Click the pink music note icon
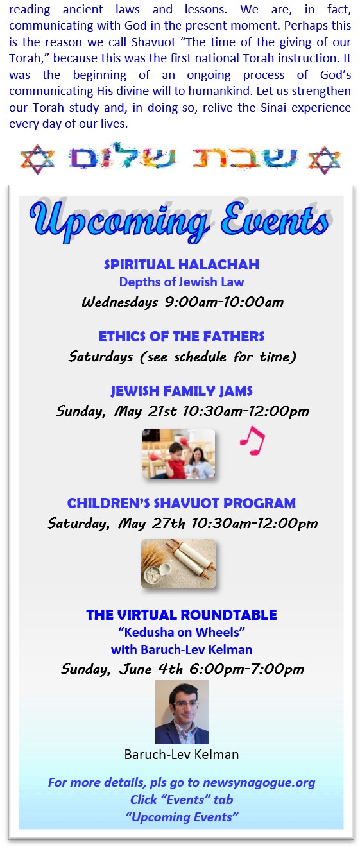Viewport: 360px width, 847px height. click(x=252, y=441)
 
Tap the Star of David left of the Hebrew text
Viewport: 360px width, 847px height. click(x=37, y=159)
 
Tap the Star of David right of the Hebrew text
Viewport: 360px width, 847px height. click(x=325, y=160)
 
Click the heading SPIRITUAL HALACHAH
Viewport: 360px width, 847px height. click(x=182, y=264)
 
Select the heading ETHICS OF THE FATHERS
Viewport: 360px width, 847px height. click(x=182, y=336)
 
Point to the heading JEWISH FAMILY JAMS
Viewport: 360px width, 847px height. click(x=182, y=391)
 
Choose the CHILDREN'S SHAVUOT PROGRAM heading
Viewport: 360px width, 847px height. click(x=182, y=503)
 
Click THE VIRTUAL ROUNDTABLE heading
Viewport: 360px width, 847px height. click(x=182, y=615)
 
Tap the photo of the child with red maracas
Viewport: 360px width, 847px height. click(x=178, y=454)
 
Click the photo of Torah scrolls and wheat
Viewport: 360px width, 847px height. click(x=178, y=564)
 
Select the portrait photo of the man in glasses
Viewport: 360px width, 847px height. click(x=182, y=712)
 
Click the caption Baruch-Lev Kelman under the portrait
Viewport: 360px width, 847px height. click(x=182, y=755)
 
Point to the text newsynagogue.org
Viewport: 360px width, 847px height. click(x=259, y=782)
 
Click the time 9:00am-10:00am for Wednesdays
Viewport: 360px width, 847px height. click(x=224, y=302)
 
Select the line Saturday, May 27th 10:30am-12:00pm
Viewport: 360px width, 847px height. click(x=182, y=524)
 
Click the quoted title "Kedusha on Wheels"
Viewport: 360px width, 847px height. click(x=182, y=632)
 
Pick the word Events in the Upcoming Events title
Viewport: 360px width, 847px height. click(x=275, y=219)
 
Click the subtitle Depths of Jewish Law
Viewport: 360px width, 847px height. click(x=182, y=282)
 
